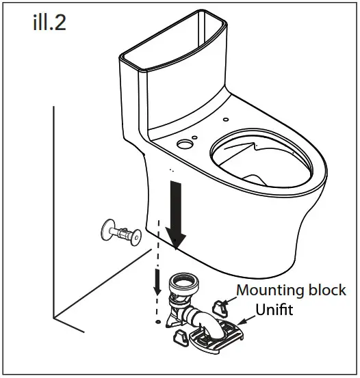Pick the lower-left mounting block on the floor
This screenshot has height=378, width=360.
[x=179, y=336]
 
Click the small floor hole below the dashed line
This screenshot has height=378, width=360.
[x=159, y=319]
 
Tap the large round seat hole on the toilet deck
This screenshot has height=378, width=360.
[x=184, y=144]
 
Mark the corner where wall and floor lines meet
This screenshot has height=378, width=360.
[x=55, y=319]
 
